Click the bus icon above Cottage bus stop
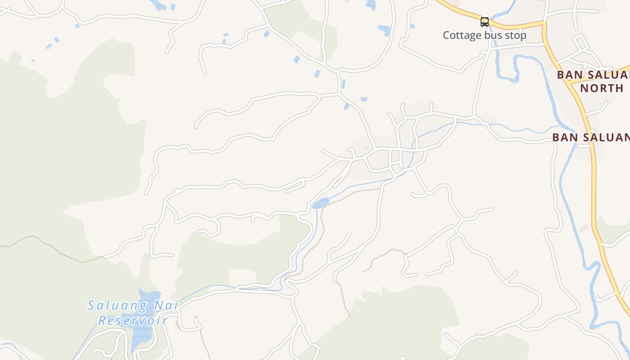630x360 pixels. [485, 22]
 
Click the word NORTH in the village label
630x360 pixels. [602, 88]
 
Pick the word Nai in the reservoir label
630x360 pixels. [166, 306]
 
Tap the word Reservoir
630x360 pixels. [133, 320]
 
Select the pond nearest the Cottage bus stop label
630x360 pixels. [384, 30]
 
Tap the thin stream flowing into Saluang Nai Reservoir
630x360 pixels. [211, 286]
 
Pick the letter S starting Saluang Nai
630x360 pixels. [92, 306]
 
